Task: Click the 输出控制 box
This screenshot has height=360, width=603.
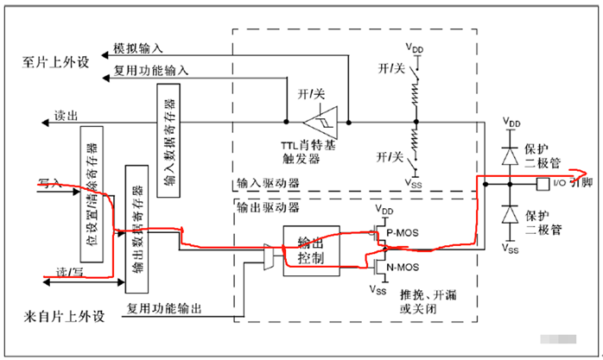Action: [x=310, y=249]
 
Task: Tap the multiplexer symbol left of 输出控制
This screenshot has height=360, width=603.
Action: [x=270, y=256]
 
